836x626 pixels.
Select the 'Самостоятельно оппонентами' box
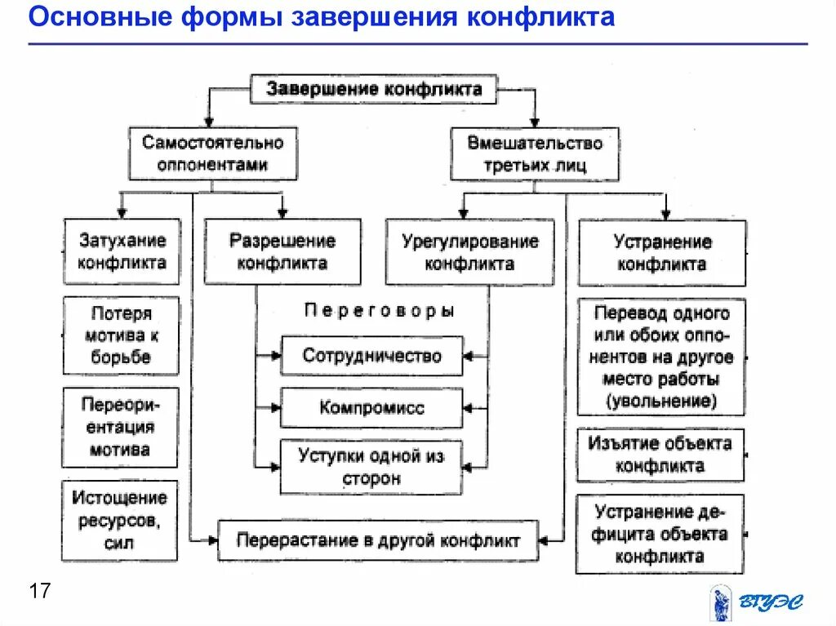(212, 153)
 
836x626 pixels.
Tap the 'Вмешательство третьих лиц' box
(535, 153)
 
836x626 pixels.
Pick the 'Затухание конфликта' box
(122, 251)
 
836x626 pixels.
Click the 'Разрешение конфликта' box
(282, 251)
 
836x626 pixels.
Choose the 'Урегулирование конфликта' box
(469, 251)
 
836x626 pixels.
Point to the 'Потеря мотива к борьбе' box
(121, 335)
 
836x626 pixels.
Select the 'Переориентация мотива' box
(120, 427)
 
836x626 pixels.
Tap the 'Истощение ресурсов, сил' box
(120, 519)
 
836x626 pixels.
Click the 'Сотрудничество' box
(371, 356)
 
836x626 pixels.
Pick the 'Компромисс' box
(371, 407)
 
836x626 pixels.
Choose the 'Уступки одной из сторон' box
(371, 467)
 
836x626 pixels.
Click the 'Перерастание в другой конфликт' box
(378, 540)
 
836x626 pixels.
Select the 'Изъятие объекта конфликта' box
(660, 455)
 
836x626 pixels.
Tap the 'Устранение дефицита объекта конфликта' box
(660, 534)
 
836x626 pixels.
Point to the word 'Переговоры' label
(379, 311)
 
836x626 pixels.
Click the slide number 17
(39, 591)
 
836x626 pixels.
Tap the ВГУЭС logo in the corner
(755, 602)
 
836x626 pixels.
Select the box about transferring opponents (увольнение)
(661, 357)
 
